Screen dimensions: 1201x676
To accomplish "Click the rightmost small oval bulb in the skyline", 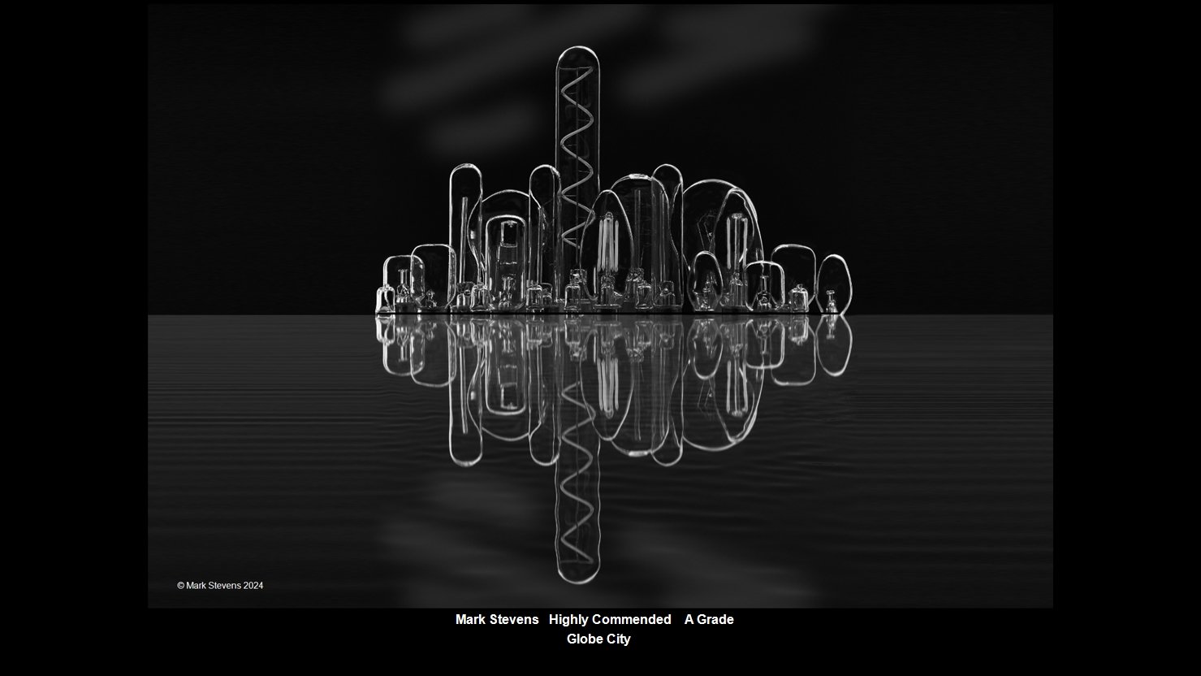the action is click(x=833, y=284).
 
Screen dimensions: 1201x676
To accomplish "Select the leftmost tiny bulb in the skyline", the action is click(x=384, y=299).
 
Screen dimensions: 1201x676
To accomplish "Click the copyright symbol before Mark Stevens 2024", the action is click(x=181, y=585).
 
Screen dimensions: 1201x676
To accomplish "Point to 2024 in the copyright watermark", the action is click(x=253, y=585).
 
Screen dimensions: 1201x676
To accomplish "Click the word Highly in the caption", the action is click(x=568, y=620).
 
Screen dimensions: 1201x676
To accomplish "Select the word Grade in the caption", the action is click(x=715, y=619).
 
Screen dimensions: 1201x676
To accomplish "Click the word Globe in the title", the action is click(x=583, y=639).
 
